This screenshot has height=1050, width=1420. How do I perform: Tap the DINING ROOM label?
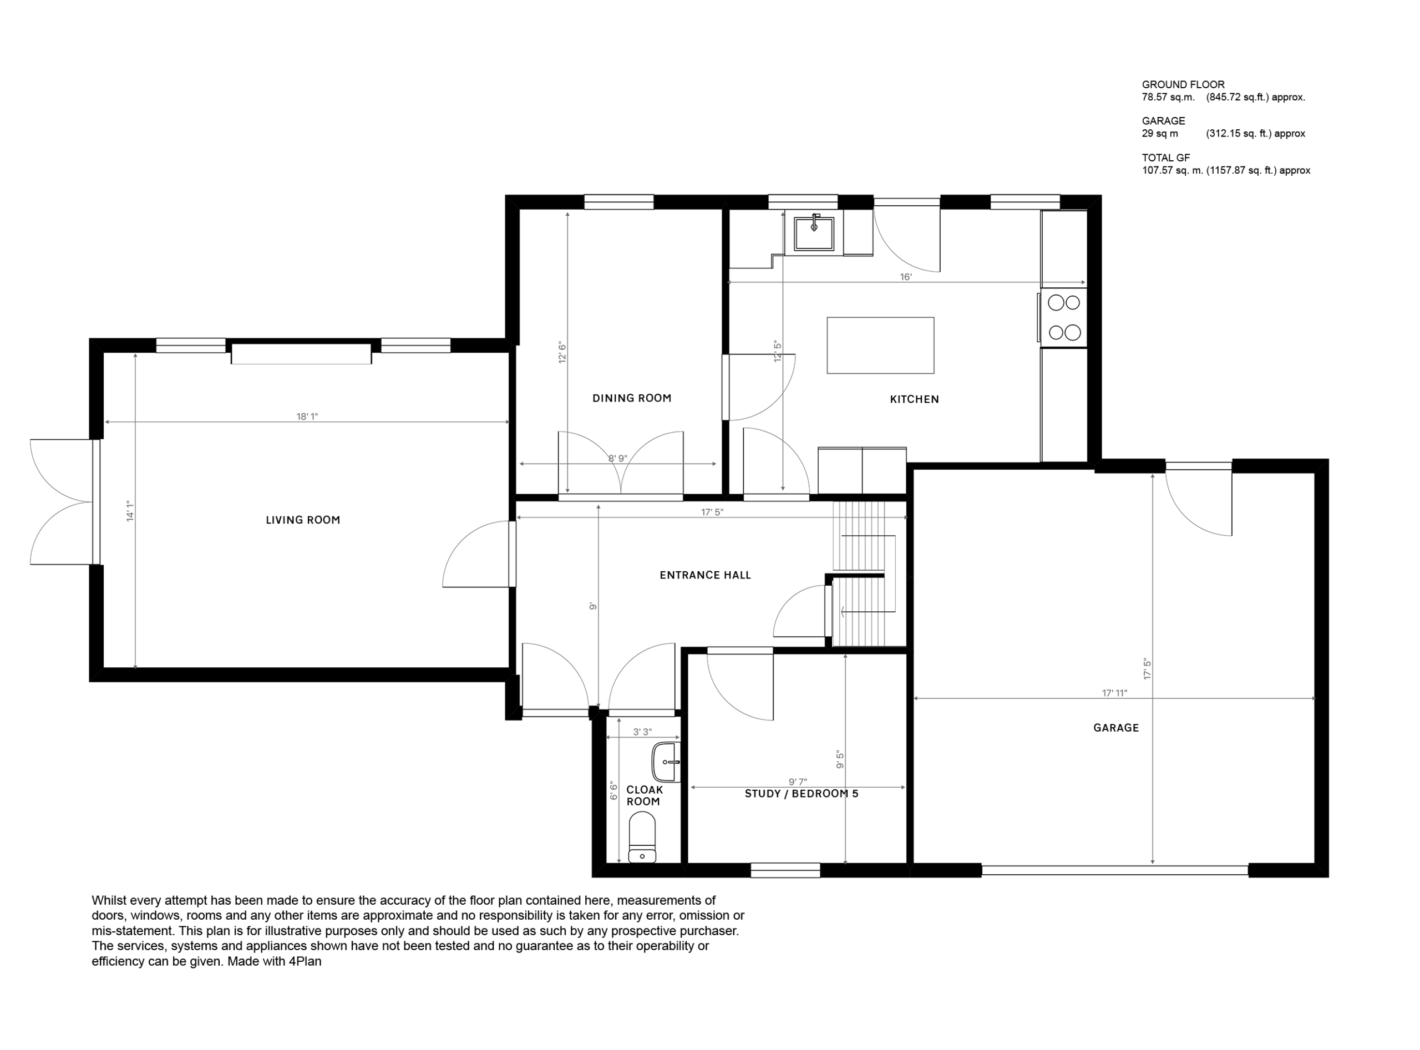[x=632, y=398]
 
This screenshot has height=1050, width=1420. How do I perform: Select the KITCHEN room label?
[x=914, y=399]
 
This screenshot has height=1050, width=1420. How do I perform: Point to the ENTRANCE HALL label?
[x=706, y=575]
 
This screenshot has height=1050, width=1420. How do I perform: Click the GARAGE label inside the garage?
[x=1116, y=728]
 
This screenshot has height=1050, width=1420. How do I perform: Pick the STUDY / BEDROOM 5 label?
[x=802, y=794]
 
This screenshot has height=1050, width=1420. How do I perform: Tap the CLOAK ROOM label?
[x=645, y=796]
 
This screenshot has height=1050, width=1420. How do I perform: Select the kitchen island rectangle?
[x=880, y=345]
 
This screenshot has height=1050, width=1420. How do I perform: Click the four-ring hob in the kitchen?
[x=1063, y=318]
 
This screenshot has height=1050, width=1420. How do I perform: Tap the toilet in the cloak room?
[x=642, y=837]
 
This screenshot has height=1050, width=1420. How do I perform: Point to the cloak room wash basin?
[x=666, y=762]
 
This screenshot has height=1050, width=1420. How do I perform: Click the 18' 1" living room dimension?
[x=307, y=417]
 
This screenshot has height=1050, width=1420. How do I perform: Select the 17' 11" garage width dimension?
[x=1114, y=693]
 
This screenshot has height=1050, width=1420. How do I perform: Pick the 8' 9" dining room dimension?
[x=618, y=458]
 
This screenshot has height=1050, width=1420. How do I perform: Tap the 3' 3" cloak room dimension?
[x=643, y=732]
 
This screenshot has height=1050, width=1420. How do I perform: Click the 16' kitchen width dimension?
[x=906, y=277]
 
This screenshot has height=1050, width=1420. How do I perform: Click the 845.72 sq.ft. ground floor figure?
[x=1255, y=97]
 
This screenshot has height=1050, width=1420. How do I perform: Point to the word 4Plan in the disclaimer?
[x=305, y=962]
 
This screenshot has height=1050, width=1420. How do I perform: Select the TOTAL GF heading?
[x=1166, y=158]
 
